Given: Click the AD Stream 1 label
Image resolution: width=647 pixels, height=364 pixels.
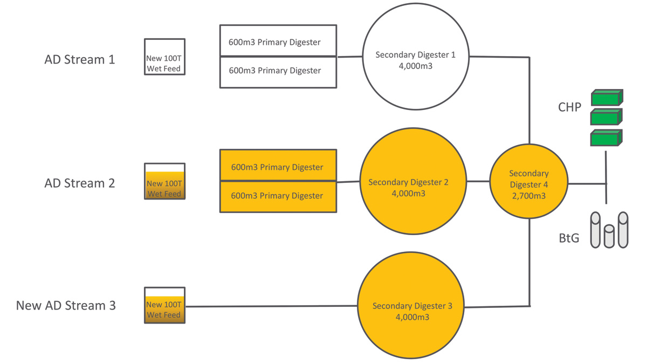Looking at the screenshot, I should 79,59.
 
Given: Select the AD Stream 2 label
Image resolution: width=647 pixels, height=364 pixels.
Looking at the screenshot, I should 79,183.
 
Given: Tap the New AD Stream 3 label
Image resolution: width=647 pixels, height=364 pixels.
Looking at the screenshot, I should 66,306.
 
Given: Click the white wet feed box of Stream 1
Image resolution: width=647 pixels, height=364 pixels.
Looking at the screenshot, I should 164,57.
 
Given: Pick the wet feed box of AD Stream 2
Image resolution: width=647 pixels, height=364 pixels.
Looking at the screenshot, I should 164,182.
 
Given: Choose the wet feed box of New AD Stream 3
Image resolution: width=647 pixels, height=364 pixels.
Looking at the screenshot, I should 164,305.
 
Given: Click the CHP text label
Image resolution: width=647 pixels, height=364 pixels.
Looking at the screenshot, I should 569,107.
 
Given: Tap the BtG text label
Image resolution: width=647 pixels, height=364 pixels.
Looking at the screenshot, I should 569,238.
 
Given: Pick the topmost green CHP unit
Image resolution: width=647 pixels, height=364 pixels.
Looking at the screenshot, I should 607,98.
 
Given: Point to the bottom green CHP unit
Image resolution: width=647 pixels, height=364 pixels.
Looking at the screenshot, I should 606,138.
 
